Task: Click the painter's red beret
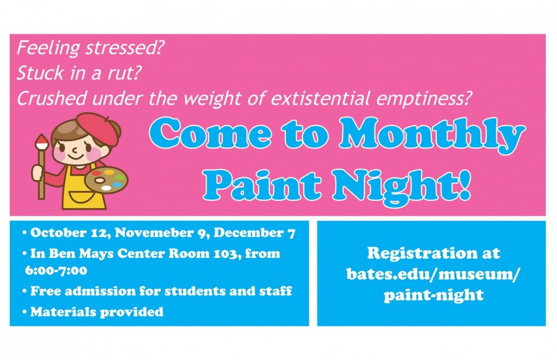[x=98, y=128]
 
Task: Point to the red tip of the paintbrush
[x=42, y=141]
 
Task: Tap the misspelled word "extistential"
[x=321, y=98]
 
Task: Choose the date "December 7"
[x=254, y=233]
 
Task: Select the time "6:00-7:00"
[x=56, y=270]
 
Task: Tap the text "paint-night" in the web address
[x=433, y=295]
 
